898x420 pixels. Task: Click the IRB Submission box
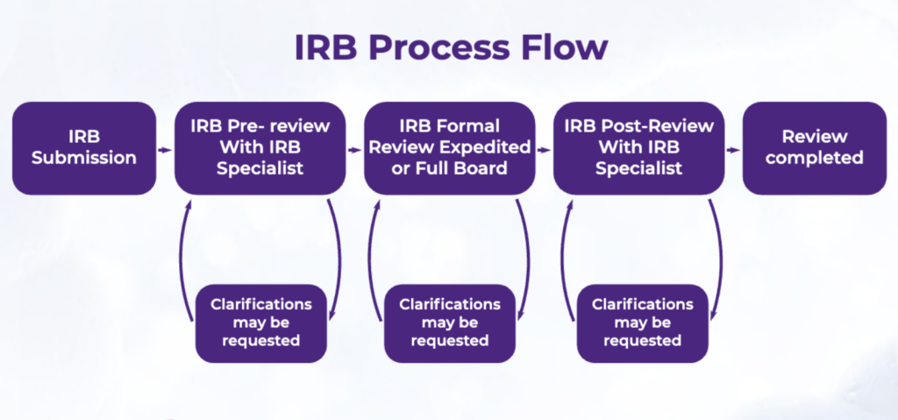(84, 148)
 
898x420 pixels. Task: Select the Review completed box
(815, 148)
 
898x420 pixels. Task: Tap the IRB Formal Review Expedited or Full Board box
(449, 148)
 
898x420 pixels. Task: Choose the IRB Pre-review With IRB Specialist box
(260, 148)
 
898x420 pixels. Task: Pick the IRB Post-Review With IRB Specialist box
(638, 148)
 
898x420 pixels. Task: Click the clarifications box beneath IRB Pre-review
(260, 323)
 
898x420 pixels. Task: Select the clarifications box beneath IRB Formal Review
(449, 323)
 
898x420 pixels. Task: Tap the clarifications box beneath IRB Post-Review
(642, 323)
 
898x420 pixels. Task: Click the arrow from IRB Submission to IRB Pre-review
(165, 149)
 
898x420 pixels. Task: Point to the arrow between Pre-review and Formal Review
(354, 149)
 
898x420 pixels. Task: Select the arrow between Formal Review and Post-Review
(544, 149)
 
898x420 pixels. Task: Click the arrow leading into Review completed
(733, 149)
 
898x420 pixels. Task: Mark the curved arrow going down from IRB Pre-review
(339, 254)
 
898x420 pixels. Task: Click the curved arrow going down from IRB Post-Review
(718, 254)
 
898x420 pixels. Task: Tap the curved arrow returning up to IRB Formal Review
(373, 254)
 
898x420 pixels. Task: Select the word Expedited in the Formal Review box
(490, 147)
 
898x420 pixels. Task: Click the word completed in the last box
(815, 159)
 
